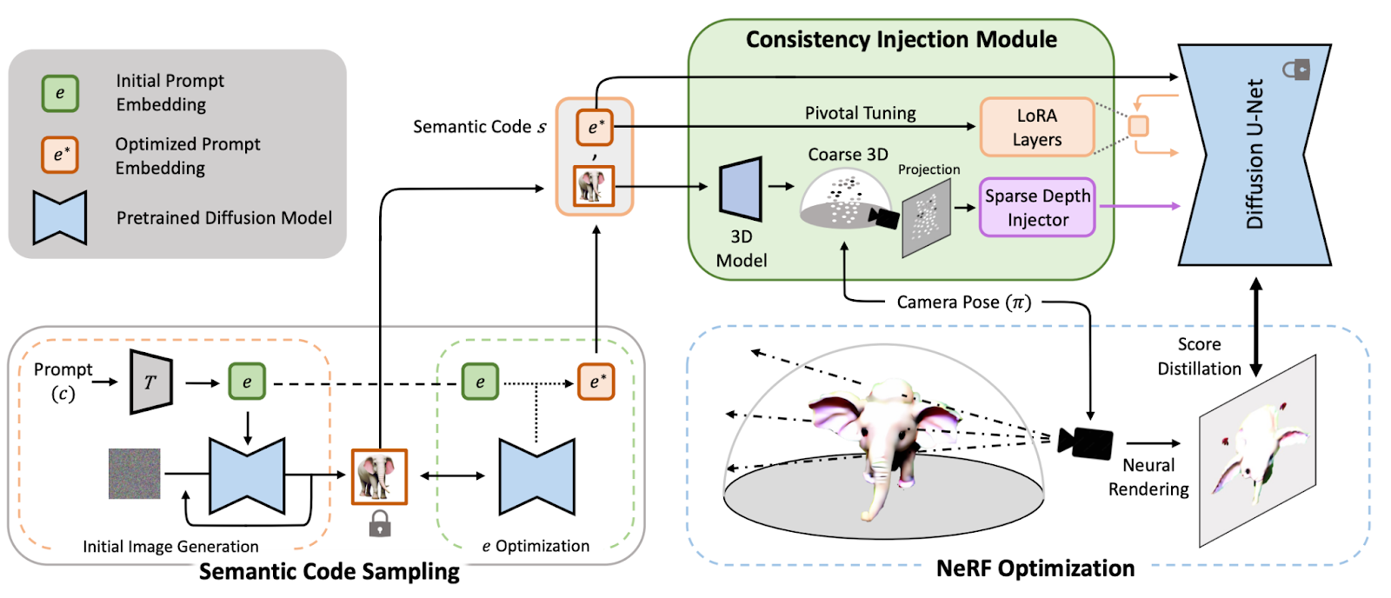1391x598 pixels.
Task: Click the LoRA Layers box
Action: [1036, 127]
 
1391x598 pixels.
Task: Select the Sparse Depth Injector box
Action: [1036, 208]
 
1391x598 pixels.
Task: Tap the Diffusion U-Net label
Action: [1255, 154]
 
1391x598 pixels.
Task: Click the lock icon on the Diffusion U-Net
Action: [1296, 69]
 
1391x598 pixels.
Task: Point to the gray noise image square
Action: [134, 474]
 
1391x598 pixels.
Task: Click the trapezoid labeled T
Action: [150, 382]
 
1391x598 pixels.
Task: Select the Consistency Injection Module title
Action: [901, 40]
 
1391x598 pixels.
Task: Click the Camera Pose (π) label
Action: [963, 302]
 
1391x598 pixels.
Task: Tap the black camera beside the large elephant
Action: [1085, 442]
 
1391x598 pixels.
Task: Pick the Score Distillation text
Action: [1199, 356]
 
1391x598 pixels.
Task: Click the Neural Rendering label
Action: [1148, 477]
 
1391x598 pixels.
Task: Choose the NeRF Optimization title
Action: [1035, 568]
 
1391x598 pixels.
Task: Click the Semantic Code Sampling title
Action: [329, 571]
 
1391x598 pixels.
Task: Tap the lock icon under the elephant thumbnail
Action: [379, 523]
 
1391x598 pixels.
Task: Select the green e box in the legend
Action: [60, 93]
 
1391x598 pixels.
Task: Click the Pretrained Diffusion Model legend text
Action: [224, 218]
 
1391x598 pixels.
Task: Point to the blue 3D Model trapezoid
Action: [741, 188]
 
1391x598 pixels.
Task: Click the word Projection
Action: [928, 169]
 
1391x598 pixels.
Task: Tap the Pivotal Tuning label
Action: [860, 113]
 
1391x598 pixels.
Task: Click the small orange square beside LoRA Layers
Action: [1138, 126]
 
